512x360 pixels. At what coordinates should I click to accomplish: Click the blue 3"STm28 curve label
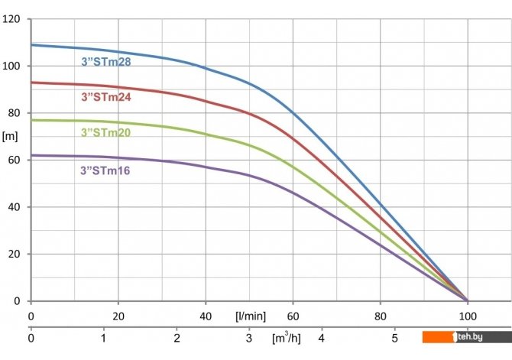click(106, 62)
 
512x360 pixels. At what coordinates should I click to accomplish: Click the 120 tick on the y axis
click(11, 19)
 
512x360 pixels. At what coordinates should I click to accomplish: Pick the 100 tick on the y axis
click(11, 66)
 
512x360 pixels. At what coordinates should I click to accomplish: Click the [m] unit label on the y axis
click(10, 137)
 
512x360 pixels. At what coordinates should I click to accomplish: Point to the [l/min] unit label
click(249, 316)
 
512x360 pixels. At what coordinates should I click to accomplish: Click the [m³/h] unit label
click(287, 336)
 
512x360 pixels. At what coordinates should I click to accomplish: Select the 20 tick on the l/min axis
click(118, 316)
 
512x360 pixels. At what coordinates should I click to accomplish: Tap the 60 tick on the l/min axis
click(293, 316)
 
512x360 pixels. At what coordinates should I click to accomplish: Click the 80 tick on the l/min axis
click(381, 316)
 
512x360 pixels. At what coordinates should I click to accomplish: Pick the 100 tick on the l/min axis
click(468, 316)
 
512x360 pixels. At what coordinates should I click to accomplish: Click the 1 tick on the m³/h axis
click(104, 336)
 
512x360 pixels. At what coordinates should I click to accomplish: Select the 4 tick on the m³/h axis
click(322, 336)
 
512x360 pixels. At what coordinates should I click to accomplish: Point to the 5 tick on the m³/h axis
click(394, 336)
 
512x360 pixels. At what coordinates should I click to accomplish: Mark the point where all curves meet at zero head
click(468, 300)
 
